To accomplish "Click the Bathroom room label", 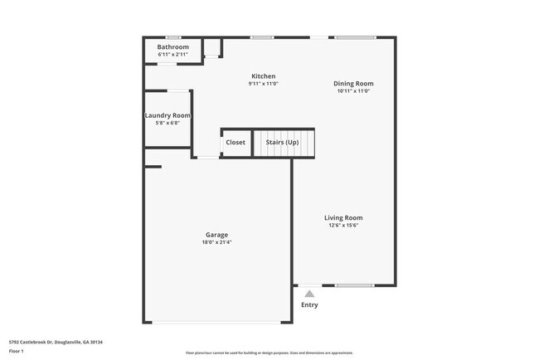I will pyautogui.click(x=173, y=47).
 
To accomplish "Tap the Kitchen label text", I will pyautogui.click(x=264, y=76).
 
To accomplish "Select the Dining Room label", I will pyautogui.click(x=353, y=83).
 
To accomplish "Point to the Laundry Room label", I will pyautogui.click(x=168, y=115).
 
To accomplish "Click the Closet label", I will pyautogui.click(x=236, y=143).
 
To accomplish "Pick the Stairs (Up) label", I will pyautogui.click(x=282, y=143).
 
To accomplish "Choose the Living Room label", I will pyautogui.click(x=342, y=218).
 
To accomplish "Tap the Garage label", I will pyautogui.click(x=216, y=235).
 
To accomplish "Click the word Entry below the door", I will pyautogui.click(x=309, y=305).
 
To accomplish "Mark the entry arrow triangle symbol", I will pyautogui.click(x=309, y=294).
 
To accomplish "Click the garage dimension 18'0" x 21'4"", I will pyautogui.click(x=216, y=242).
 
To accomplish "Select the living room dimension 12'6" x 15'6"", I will pyautogui.click(x=342, y=226).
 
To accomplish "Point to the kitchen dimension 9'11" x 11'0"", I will pyautogui.click(x=264, y=84).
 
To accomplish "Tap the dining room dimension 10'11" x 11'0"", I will pyautogui.click(x=353, y=91).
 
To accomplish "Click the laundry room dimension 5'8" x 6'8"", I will pyautogui.click(x=168, y=123).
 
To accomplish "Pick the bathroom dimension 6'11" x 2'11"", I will pyautogui.click(x=173, y=55).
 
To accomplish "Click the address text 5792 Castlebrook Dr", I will pyautogui.click(x=56, y=342).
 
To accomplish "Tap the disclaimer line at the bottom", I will pyautogui.click(x=269, y=353).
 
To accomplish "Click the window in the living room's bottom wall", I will pyautogui.click(x=354, y=286).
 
